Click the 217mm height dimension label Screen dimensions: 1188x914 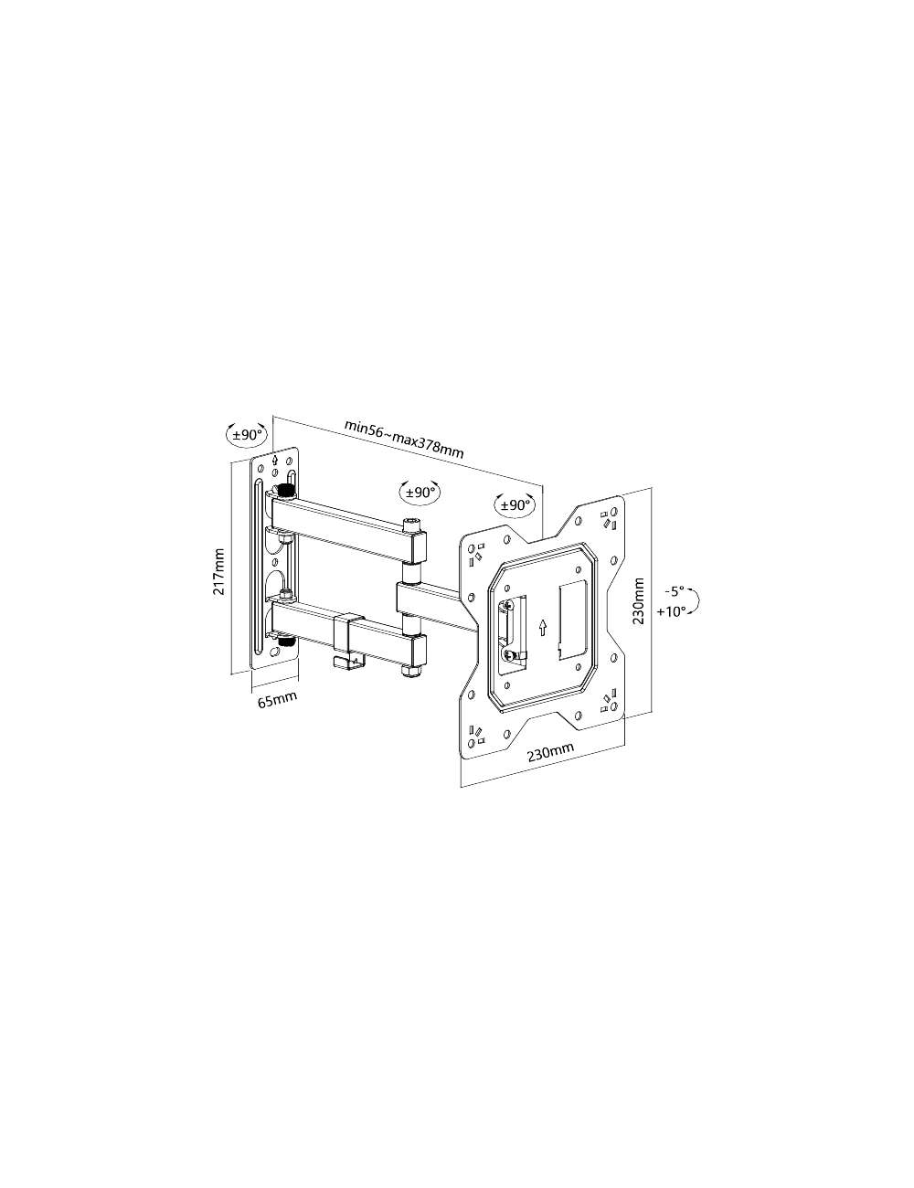[x=219, y=571]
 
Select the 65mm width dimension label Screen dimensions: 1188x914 [x=277, y=701]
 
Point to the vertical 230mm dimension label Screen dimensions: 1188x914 [x=639, y=600]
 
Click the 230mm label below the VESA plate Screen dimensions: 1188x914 [x=549, y=751]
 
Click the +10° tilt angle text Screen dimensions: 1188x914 [x=671, y=612]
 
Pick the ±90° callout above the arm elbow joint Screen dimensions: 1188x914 [x=420, y=492]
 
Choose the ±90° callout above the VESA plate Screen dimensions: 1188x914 [x=514, y=504]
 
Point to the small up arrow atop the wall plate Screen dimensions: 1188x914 [x=275, y=460]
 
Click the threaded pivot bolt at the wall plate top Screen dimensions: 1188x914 [x=286, y=492]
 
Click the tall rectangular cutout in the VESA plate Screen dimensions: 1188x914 [x=572, y=618]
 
